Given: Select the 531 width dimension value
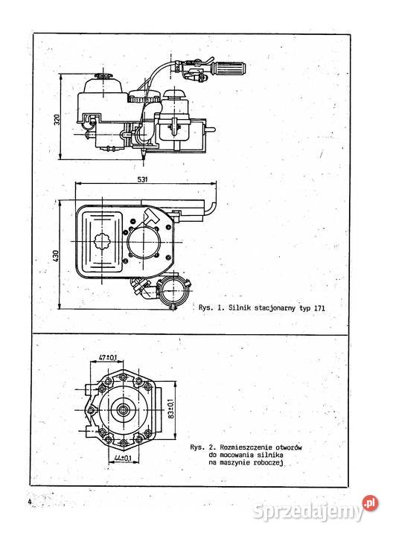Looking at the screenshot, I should click(x=142, y=179).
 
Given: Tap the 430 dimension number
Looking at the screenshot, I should click(x=57, y=254).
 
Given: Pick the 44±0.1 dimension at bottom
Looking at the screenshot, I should click(x=124, y=459).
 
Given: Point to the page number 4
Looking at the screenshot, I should click(x=28, y=502).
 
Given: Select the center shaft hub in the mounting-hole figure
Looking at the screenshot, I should click(x=121, y=407).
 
